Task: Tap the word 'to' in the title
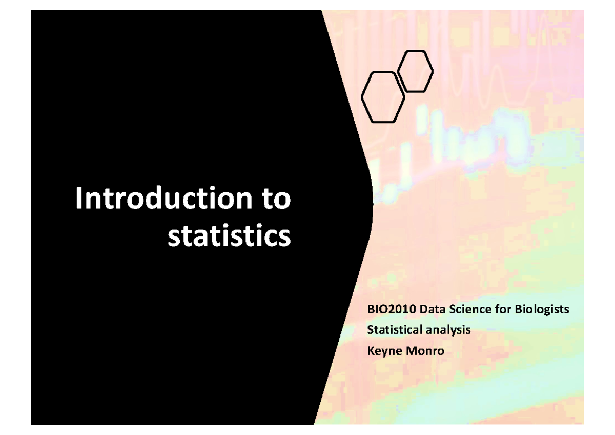[x=273, y=199]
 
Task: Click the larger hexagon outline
[x=383, y=97]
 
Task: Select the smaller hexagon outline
[x=416, y=71]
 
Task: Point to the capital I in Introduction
[x=79, y=199]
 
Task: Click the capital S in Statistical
[x=370, y=330]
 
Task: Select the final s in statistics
[x=284, y=236]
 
